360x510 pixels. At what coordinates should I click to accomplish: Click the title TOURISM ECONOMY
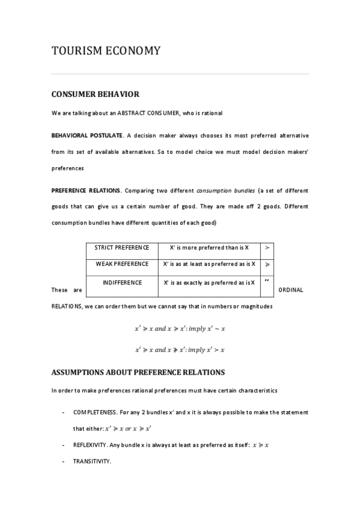[x=106, y=51]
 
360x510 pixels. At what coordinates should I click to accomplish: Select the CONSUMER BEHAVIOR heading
[x=95, y=94]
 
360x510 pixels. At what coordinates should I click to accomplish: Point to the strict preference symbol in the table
[x=267, y=247]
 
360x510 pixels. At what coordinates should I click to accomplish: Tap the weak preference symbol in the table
[x=267, y=264]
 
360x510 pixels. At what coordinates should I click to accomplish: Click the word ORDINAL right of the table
[x=292, y=290]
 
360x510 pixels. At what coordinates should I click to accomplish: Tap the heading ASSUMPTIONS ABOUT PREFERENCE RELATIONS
[x=138, y=372]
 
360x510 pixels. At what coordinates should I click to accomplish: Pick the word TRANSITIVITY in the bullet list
[x=93, y=461]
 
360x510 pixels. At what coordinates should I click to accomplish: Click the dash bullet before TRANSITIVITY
[x=64, y=461]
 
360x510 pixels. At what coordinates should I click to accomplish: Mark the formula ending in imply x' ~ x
[x=180, y=329]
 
